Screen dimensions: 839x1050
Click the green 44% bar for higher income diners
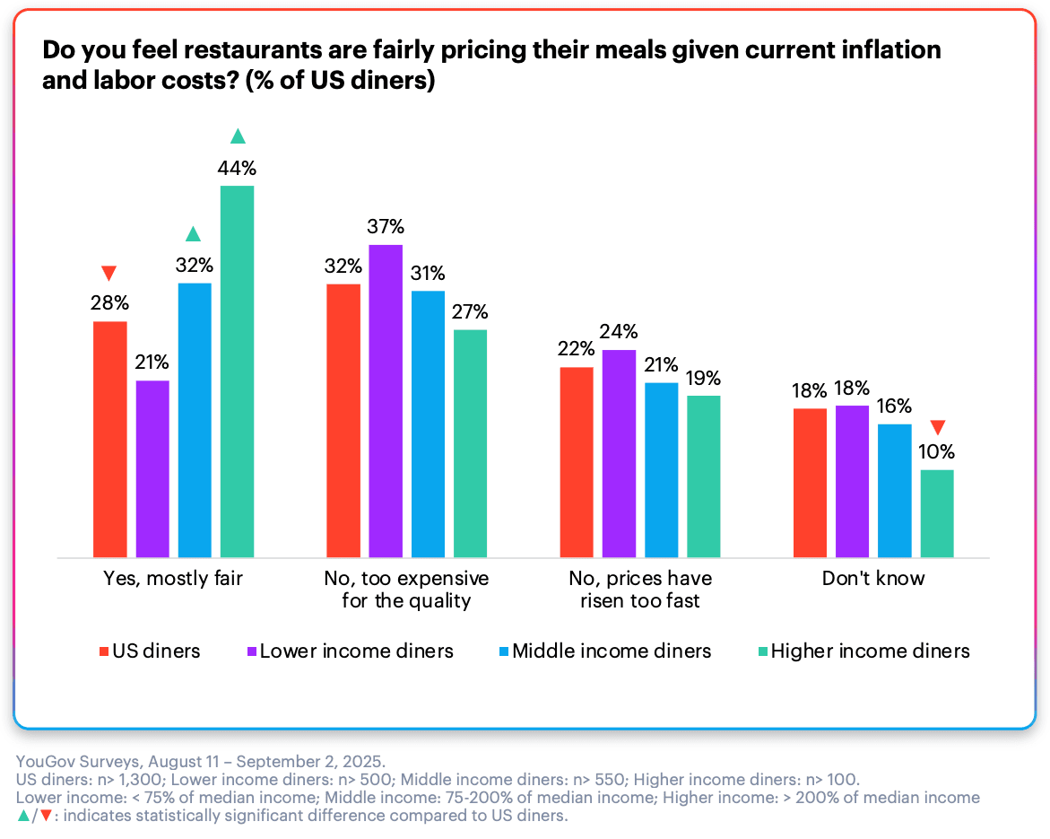point(238,371)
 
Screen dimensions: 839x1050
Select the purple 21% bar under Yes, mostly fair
point(152,468)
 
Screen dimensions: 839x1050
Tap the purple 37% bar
point(386,401)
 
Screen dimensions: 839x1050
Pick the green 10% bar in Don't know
point(937,513)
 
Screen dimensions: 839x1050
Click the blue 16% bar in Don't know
point(894,490)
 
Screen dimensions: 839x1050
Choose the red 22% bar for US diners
point(577,462)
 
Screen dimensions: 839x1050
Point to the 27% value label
point(470,312)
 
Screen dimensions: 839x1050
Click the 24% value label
point(619,332)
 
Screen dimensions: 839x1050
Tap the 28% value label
point(109,303)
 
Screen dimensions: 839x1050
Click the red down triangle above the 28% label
point(109,273)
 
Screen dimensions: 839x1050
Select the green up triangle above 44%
point(238,136)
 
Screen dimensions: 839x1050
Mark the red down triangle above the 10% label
point(938,427)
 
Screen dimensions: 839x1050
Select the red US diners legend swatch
point(103,651)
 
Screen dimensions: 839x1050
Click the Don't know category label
point(872,579)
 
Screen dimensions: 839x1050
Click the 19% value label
point(704,378)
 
